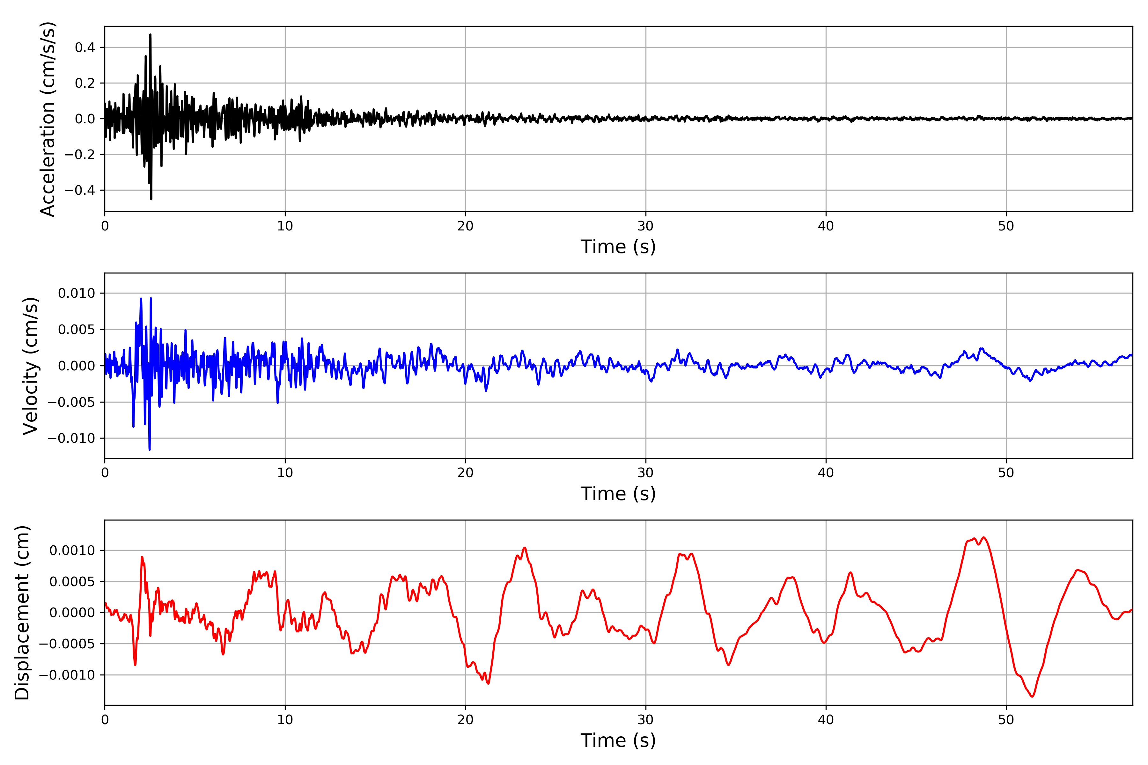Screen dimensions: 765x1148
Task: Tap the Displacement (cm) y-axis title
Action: [22, 612]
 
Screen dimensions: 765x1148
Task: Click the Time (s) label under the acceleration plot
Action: [618, 247]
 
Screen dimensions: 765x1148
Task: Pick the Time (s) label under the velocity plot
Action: [618, 494]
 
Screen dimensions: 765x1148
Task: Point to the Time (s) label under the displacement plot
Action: [618, 740]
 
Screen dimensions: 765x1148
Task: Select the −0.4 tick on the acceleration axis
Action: [79, 190]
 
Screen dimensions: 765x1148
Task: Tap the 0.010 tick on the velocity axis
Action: [77, 293]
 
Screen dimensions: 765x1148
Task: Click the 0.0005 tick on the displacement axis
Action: [72, 581]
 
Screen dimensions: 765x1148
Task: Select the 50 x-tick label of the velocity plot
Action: [1006, 473]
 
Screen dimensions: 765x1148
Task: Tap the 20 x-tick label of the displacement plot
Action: [465, 720]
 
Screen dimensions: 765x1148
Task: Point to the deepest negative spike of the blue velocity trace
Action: [149, 449]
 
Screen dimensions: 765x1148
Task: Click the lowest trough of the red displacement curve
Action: [1032, 696]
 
